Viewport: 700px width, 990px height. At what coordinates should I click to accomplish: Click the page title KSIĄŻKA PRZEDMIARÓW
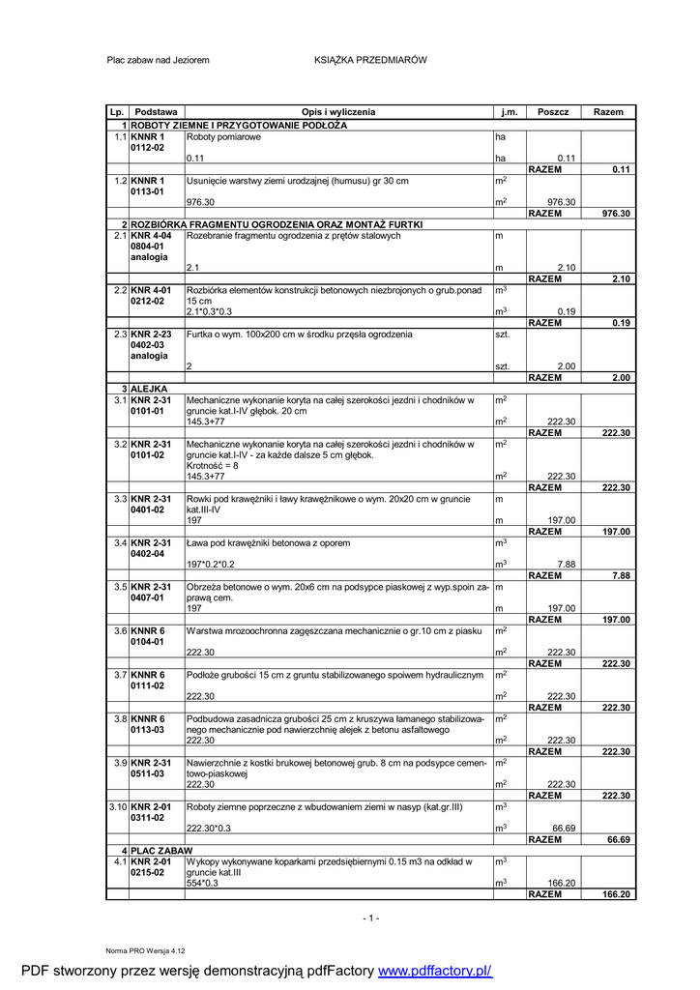tap(370, 60)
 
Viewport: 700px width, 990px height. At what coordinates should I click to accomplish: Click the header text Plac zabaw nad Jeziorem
tap(158, 60)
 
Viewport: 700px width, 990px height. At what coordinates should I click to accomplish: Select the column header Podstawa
tap(156, 112)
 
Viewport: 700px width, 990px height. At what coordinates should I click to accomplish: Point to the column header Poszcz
tap(553, 112)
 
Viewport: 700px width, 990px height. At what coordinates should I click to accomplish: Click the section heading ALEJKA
tap(149, 389)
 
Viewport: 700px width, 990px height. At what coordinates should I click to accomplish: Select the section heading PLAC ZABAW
tap(160, 849)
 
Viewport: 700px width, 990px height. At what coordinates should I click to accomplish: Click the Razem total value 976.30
tap(616, 213)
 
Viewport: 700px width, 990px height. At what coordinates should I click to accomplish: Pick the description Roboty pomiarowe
tap(223, 137)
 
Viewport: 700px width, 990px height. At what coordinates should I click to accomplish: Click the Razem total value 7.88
tap(621, 575)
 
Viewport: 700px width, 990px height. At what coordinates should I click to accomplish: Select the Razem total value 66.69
tap(619, 839)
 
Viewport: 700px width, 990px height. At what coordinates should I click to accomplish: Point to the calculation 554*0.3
tap(202, 883)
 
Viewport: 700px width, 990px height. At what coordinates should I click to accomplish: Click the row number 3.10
tap(118, 805)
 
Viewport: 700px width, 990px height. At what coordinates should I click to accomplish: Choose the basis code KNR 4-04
tap(151, 235)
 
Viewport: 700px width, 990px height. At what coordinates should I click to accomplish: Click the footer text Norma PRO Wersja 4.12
tap(145, 951)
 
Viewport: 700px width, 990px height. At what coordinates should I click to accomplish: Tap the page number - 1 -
tap(371, 917)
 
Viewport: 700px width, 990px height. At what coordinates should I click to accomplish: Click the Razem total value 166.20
tap(616, 894)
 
